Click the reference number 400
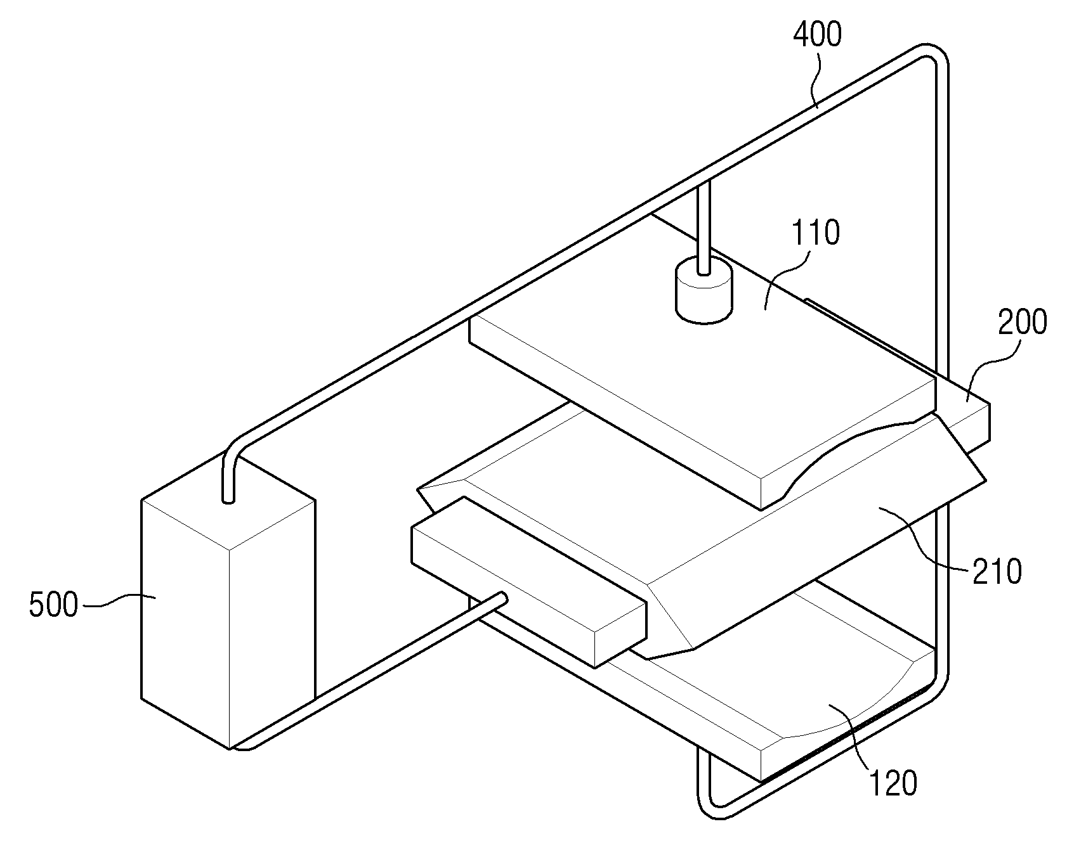pos(818,34)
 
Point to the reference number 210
pos(997,572)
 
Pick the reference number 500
pos(54,605)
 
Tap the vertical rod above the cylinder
pos(703,228)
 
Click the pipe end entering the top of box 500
pos(228,499)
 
